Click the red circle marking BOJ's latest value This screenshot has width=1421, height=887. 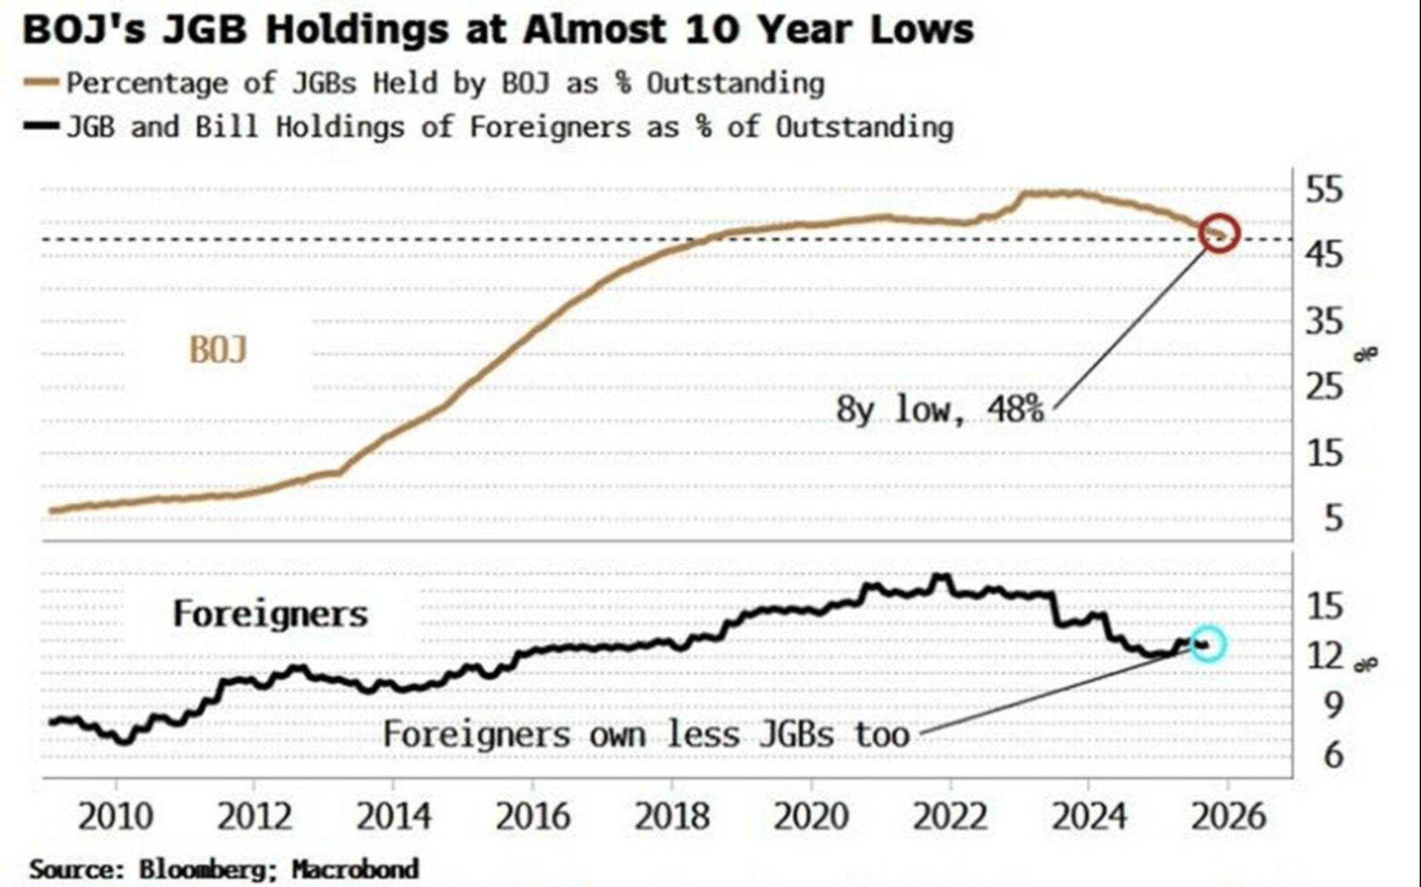click(x=1219, y=233)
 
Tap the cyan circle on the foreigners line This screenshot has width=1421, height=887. click(x=1207, y=644)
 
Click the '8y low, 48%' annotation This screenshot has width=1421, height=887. click(x=940, y=409)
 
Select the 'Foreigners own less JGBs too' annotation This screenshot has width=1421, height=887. click(x=646, y=735)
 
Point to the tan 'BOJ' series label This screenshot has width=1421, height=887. click(x=218, y=350)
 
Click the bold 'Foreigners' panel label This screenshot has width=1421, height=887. click(x=270, y=614)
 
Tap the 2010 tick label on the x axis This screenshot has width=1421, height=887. click(x=115, y=817)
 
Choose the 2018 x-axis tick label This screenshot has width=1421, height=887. click(x=672, y=817)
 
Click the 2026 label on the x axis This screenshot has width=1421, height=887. click(x=1229, y=817)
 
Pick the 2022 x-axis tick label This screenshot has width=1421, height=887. click(x=950, y=817)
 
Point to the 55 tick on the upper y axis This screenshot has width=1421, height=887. click(x=1324, y=190)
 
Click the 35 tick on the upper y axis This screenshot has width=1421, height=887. click(x=1324, y=321)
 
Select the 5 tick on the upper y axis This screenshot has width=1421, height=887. click(x=1333, y=519)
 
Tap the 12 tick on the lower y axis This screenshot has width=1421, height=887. click(x=1324, y=655)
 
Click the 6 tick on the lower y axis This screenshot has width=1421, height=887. click(x=1333, y=755)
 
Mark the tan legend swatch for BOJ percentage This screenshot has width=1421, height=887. click(x=41, y=83)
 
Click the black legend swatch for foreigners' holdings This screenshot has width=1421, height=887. click(x=41, y=127)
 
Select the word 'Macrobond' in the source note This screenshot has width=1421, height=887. click(x=355, y=869)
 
